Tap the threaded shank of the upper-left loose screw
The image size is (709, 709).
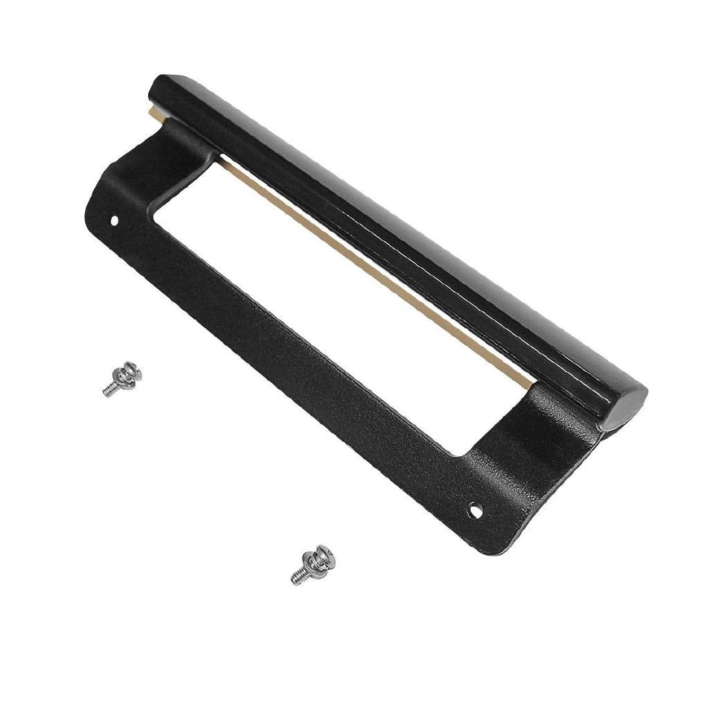[109, 390]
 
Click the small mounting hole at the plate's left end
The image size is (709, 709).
[114, 223]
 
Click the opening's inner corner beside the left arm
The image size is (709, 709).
[154, 220]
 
